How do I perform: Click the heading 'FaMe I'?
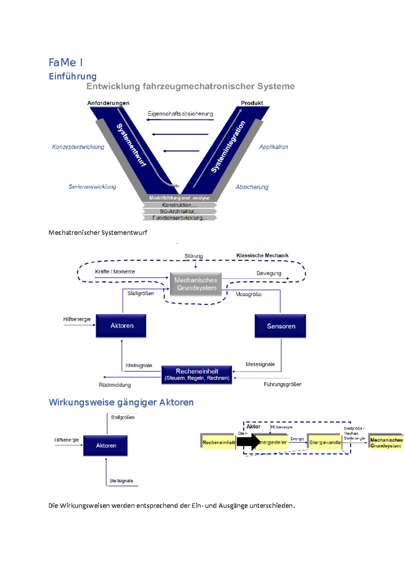coord(65,62)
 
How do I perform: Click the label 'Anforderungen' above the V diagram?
coord(108,103)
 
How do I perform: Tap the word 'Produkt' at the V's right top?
coord(252,103)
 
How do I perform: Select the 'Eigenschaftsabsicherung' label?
coord(180,114)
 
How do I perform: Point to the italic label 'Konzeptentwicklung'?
coord(78,147)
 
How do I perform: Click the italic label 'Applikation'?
coord(273,147)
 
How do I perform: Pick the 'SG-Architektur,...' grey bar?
coord(180,212)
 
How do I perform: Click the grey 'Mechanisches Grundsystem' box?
coord(196,284)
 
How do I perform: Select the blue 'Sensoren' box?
coord(280,326)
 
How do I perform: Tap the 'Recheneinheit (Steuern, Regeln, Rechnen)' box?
coord(197,375)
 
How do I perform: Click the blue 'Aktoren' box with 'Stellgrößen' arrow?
coord(121,326)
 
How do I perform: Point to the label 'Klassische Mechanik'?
coord(262,255)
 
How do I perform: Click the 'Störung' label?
coord(193,256)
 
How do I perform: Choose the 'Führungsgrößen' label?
coord(282,384)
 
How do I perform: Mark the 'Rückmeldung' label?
coord(115,385)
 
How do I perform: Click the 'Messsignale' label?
coord(260,364)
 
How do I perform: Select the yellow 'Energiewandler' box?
coord(325,442)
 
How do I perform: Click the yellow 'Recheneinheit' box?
coord(218,442)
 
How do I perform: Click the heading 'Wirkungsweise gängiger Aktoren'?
coord(121,402)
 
